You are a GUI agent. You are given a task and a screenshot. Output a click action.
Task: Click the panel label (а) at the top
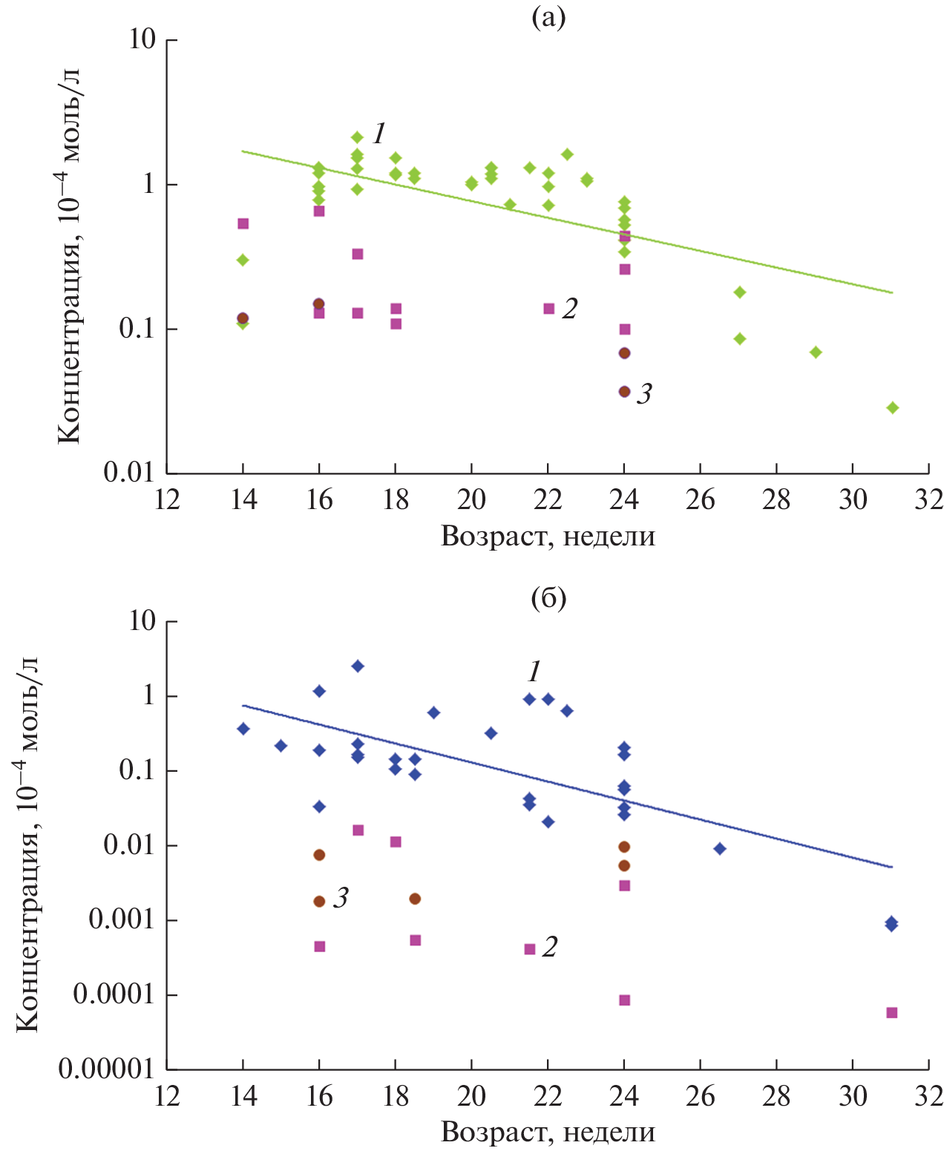click(x=548, y=18)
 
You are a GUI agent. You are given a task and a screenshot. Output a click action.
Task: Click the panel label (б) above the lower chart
click(x=548, y=597)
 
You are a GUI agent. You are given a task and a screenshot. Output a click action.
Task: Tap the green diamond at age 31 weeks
click(x=892, y=407)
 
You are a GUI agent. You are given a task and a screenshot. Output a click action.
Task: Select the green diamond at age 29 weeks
click(x=816, y=352)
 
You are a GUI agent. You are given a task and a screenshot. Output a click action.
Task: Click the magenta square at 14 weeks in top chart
click(x=243, y=223)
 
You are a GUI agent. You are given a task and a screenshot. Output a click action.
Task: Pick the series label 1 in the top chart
click(x=378, y=134)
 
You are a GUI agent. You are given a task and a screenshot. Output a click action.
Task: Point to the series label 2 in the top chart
click(x=569, y=309)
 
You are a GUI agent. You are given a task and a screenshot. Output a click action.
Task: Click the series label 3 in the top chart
click(x=643, y=394)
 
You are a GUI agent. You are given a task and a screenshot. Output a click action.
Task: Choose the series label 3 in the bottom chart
click(x=340, y=899)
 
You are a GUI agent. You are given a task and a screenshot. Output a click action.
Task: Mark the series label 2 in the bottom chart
click(x=549, y=947)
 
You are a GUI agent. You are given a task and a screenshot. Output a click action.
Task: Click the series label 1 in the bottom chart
click(x=534, y=672)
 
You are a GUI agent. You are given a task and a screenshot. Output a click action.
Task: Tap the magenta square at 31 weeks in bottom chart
click(x=892, y=1012)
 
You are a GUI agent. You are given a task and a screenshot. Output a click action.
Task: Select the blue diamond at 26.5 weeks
click(x=719, y=848)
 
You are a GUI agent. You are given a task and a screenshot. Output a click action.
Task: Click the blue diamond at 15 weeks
click(x=281, y=746)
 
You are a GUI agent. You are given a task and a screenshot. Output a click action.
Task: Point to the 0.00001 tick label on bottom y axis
click(x=106, y=1069)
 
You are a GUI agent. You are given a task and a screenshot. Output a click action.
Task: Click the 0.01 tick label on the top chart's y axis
click(x=129, y=473)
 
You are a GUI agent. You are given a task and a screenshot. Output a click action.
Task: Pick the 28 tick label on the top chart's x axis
click(x=776, y=499)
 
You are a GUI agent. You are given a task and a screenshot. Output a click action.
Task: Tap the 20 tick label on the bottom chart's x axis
click(x=471, y=1096)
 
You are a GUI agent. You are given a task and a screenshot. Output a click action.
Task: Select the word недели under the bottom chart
click(x=609, y=1132)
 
